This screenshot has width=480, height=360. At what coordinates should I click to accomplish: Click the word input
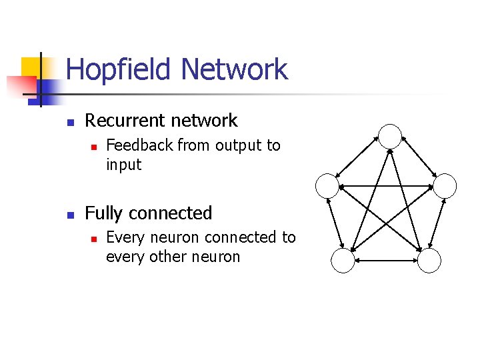click(123, 164)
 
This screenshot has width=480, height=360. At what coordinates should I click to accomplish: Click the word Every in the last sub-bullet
click(123, 237)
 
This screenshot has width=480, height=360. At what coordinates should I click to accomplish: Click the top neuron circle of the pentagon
click(390, 136)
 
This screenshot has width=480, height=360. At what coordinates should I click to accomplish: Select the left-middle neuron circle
click(327, 185)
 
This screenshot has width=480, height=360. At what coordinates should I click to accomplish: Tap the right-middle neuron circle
click(445, 185)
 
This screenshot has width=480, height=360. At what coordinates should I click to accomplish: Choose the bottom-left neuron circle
click(343, 261)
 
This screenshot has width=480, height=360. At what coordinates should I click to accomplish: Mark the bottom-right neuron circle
click(429, 261)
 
